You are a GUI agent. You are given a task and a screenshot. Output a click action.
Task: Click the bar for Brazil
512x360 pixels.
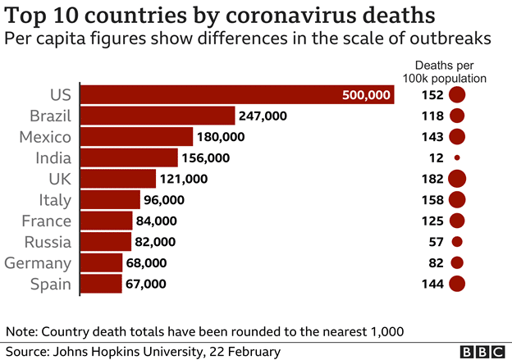pyautogui.click(x=158, y=116)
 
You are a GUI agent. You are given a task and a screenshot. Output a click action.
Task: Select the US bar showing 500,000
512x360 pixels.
pyautogui.click(x=238, y=95)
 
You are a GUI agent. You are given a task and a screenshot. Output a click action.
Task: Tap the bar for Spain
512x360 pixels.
pyautogui.click(x=101, y=284)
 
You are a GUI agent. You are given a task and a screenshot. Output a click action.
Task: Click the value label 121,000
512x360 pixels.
pyautogui.click(x=185, y=179)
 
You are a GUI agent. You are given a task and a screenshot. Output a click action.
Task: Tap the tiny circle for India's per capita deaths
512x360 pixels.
pyautogui.click(x=457, y=157)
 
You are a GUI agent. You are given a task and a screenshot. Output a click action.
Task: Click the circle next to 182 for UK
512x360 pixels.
pyautogui.click(x=457, y=179)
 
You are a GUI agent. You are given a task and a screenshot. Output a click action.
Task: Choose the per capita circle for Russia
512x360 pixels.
pyautogui.click(x=457, y=242)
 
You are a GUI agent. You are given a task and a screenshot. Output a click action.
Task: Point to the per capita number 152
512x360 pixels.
pyautogui.click(x=432, y=95)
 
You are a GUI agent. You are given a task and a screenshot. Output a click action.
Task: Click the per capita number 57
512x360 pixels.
pyautogui.click(x=435, y=242)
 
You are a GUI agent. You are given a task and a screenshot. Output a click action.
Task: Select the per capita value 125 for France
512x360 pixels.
pyautogui.click(x=432, y=221)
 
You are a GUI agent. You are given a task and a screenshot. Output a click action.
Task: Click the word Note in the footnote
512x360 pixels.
pyautogui.click(x=21, y=331)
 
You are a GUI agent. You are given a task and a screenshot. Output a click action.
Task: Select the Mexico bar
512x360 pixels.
pyautogui.click(x=136, y=137)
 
